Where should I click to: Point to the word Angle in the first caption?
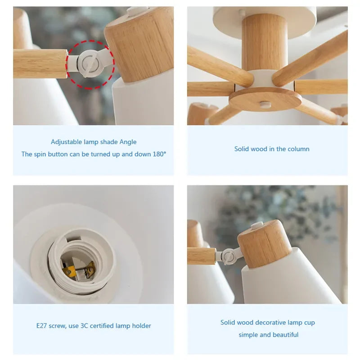pos(128,142)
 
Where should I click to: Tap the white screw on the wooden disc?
pos(265,105)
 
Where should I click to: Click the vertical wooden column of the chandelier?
pos(265,43)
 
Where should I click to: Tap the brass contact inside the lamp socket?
pos(70,270)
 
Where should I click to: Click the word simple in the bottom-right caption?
pos(247,335)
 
